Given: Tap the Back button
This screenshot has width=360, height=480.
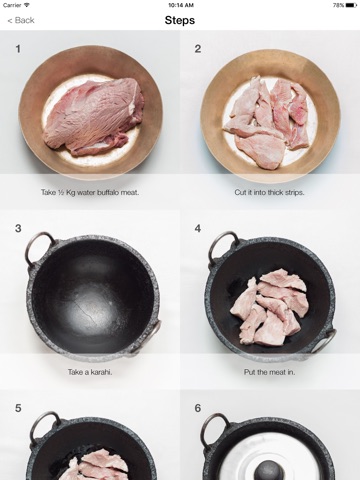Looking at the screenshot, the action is (21, 20).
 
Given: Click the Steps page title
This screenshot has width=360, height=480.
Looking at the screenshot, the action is (180, 20).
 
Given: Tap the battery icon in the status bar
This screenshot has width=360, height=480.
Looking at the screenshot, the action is (351, 5).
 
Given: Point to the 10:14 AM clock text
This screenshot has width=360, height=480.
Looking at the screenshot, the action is (181, 5).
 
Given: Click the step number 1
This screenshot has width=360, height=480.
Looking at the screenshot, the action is (18, 49).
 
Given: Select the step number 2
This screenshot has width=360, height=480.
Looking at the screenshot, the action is (198, 49).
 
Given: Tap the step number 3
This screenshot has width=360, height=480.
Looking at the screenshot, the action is (18, 229).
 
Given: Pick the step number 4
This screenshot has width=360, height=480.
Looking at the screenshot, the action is (198, 229).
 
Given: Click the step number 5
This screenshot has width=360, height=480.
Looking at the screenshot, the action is (18, 408).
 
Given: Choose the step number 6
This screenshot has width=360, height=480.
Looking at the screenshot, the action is (198, 408).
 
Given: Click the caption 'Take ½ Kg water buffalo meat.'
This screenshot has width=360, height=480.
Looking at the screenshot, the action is (90, 192).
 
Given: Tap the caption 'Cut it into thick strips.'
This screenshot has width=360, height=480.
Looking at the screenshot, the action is (269, 192).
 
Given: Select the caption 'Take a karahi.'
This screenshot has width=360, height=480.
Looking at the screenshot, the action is (90, 372).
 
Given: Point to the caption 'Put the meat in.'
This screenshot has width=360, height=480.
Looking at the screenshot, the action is (269, 372).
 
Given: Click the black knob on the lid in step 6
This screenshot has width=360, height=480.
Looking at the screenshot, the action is (269, 470).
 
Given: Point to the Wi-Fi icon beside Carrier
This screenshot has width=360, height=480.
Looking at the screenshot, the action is (26, 5).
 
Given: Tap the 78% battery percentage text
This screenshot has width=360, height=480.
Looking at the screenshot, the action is (338, 5).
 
